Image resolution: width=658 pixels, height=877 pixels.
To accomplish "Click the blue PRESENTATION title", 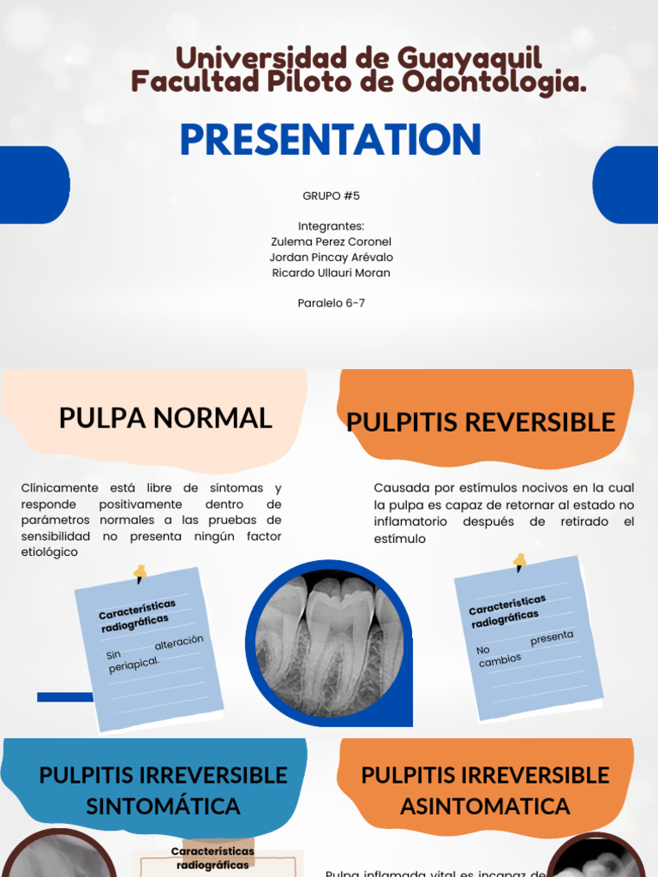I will click(330, 140).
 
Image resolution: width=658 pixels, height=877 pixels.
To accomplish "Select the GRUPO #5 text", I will click(331, 195).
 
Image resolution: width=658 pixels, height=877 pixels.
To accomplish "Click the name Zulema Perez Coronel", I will click(331, 242).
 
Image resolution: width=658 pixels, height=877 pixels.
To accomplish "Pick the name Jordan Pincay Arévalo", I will click(331, 257).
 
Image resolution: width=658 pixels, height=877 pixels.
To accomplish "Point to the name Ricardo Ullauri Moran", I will click(331, 272).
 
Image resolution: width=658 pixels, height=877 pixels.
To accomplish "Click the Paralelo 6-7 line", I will click(331, 302).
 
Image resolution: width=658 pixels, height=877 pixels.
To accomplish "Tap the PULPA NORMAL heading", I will click(165, 418).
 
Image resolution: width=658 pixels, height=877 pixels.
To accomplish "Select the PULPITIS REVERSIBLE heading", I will click(481, 421).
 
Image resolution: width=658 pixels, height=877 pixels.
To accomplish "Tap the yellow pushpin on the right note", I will click(519, 562).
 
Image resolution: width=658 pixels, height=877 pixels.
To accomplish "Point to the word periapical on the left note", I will click(135, 665).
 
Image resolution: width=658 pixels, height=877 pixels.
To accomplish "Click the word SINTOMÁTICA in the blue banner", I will click(163, 806).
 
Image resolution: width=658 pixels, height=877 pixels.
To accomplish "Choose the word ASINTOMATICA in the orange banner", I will click(485, 806).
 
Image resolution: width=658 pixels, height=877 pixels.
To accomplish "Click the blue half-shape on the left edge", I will click(33, 185).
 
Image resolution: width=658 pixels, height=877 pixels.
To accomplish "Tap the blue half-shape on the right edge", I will click(625, 185).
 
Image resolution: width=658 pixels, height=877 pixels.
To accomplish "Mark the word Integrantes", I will click(331, 226).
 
